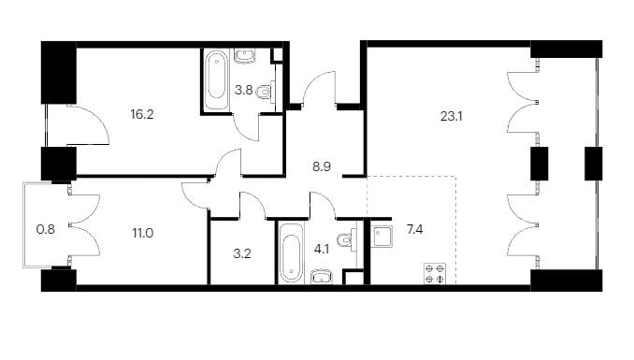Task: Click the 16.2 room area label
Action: [x=142, y=114]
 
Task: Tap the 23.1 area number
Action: [x=452, y=117]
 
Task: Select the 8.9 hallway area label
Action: [x=322, y=166]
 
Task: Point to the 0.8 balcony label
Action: [x=45, y=230]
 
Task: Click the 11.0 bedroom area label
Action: [x=143, y=234]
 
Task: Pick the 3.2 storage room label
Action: [x=242, y=253]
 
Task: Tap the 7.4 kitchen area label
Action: [x=415, y=230]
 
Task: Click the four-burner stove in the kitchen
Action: [x=435, y=273]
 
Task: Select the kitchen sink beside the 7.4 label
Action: [x=382, y=237]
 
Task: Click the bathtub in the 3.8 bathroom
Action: [x=216, y=79]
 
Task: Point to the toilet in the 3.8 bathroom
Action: [x=267, y=93]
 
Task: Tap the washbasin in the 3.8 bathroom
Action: [x=245, y=56]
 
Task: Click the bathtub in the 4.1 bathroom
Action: [x=291, y=252]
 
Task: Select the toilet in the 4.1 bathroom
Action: [x=348, y=240]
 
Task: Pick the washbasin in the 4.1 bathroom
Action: [x=321, y=277]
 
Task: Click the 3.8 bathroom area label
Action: [x=244, y=90]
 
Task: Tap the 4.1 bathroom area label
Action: [x=322, y=249]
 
